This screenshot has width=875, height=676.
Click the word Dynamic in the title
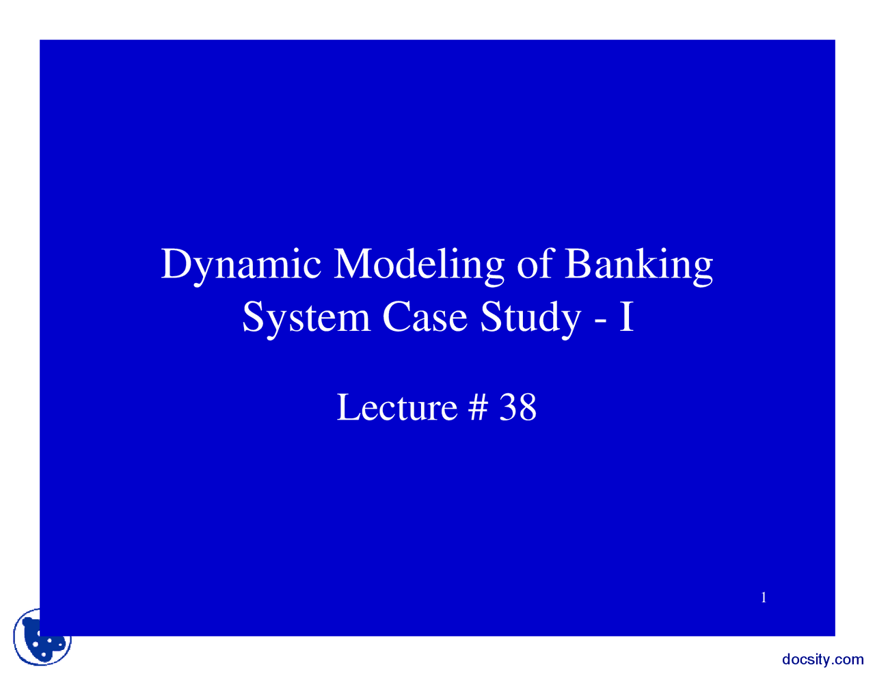(241, 265)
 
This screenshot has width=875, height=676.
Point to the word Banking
(638, 265)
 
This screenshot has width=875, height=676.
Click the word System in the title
(306, 318)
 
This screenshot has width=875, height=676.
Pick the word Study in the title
(530, 318)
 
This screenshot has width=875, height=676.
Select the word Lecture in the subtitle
(396, 407)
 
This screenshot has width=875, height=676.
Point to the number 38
(518, 407)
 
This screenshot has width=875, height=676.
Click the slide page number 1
(764, 598)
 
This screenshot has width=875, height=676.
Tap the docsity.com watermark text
(822, 660)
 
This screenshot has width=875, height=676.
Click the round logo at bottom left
(42, 638)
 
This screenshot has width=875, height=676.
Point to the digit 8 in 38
(527, 407)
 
